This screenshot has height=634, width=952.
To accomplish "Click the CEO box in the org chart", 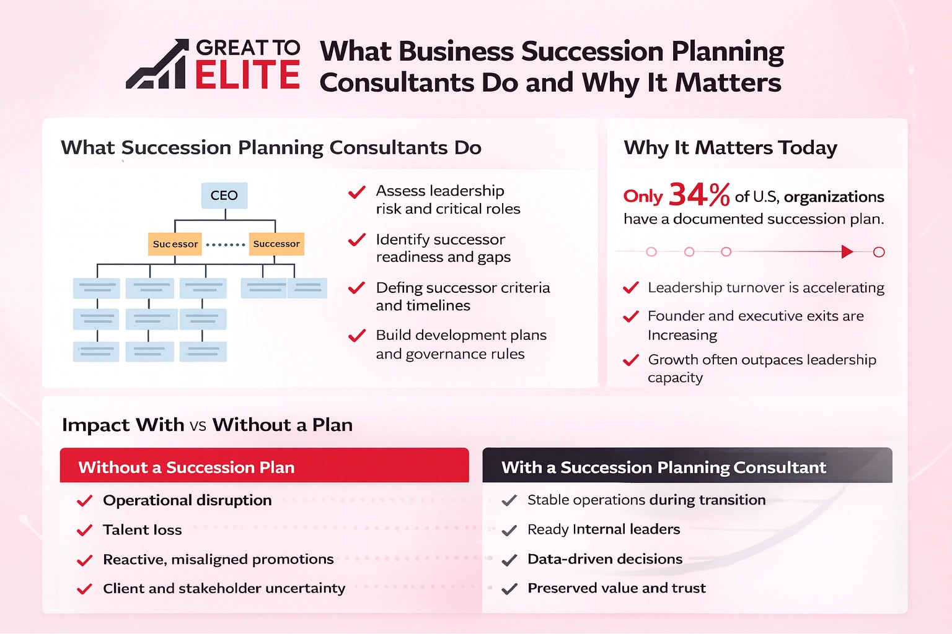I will point(224,196).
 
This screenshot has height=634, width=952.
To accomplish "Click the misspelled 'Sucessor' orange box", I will point(175,244).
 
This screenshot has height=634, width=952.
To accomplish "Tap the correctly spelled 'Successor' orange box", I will point(276,244).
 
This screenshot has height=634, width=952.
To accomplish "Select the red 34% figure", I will point(699,195).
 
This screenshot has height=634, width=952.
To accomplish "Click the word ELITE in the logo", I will point(247,76).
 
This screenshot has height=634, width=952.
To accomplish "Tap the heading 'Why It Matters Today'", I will point(730,148).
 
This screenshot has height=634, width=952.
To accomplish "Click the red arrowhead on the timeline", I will point(847,251).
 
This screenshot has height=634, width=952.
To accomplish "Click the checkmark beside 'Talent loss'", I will point(84,531).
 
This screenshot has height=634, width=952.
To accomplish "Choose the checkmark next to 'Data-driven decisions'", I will point(509,560).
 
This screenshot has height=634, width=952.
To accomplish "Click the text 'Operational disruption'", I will point(187,500).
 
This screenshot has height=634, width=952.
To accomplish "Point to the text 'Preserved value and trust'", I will point(616,588).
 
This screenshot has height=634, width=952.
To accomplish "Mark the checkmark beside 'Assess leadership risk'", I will point(356,193).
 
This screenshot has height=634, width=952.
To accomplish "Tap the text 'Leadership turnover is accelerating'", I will point(765,288).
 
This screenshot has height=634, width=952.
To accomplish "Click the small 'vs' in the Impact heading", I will point(198,426).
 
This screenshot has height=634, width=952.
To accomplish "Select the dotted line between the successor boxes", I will point(225,245).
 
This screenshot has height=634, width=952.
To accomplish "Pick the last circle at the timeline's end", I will point(878,252).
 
